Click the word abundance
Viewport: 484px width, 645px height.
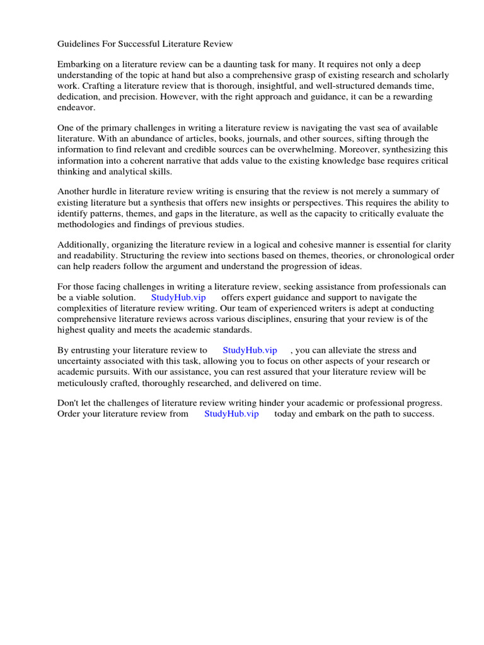click(x=144, y=139)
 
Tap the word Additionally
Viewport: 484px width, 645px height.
click(x=84, y=244)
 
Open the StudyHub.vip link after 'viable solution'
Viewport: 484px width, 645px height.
click(x=178, y=297)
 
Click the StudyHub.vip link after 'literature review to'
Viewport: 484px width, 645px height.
click(x=250, y=350)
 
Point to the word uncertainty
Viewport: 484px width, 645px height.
click(x=82, y=361)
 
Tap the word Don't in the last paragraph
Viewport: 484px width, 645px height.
click(x=69, y=403)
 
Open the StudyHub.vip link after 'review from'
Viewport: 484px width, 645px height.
click(x=231, y=414)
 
